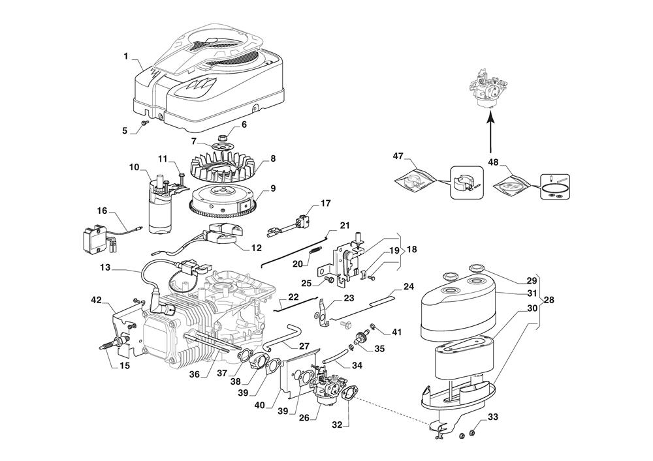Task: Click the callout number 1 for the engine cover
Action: (x=125, y=56)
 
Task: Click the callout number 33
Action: (x=492, y=417)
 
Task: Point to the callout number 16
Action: (x=102, y=211)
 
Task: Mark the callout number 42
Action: (x=96, y=300)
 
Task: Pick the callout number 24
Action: (x=409, y=286)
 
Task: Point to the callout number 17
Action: (x=325, y=203)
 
